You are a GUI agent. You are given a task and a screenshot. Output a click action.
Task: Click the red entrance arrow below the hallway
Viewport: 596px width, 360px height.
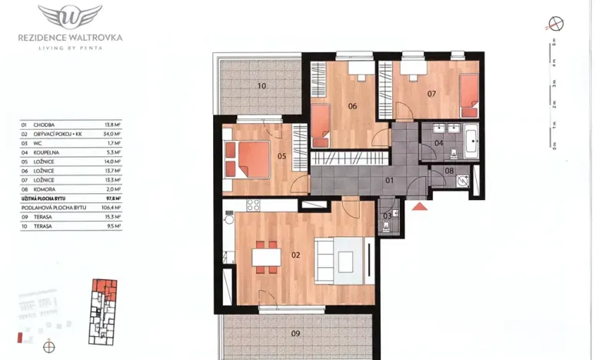tap(419, 206)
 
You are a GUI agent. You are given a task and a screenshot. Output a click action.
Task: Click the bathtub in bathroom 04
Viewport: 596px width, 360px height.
tap(471, 142)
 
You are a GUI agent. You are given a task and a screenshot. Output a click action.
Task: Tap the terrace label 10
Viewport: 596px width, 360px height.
tap(261, 85)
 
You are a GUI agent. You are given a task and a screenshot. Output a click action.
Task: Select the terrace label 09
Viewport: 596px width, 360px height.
tap(295, 333)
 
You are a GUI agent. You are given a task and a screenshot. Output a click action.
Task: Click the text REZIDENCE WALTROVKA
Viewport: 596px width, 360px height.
tap(70, 36)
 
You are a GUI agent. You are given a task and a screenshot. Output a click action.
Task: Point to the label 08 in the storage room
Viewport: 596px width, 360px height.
tap(450, 170)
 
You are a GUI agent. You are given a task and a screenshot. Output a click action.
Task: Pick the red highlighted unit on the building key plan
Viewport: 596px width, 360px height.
tap(102, 290)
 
